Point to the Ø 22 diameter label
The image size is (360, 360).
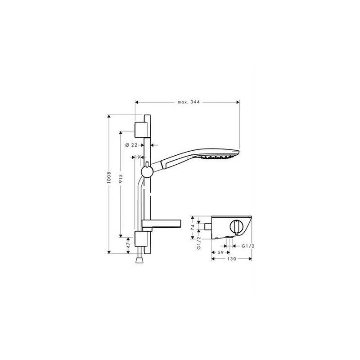point(131,144)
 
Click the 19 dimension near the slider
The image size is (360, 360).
point(137,157)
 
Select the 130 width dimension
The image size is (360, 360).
point(232,259)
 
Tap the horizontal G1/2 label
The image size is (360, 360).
point(248,246)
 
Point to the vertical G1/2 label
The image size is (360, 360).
point(198,245)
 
